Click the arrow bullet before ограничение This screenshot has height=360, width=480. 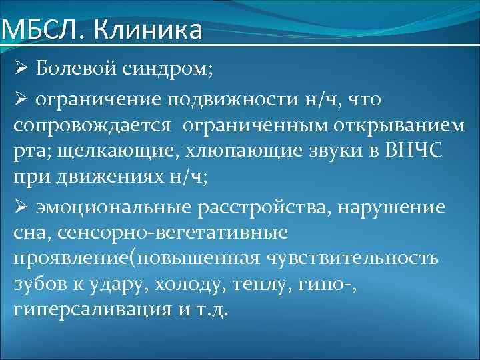[21, 99]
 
